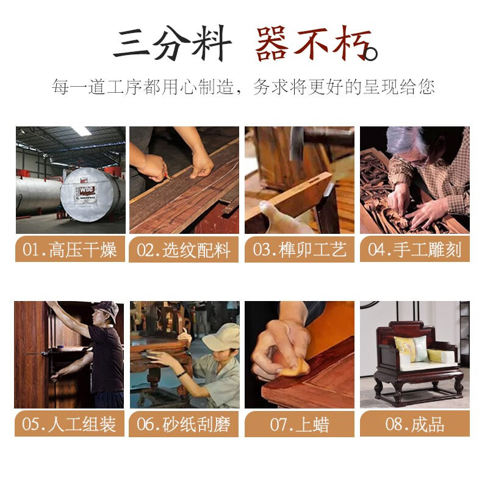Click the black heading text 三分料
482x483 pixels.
[x=173, y=43]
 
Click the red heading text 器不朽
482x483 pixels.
[x=316, y=43]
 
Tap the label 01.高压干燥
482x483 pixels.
[x=70, y=250]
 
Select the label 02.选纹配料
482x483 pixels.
[x=184, y=250]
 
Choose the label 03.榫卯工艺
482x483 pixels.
[x=300, y=250]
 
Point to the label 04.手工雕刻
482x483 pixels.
[x=415, y=250]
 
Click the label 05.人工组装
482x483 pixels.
[x=69, y=424]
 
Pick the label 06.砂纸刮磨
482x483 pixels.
[x=184, y=424]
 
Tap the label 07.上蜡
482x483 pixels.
[x=300, y=424]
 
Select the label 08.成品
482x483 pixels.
[x=415, y=424]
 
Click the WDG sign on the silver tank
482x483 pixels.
[x=87, y=190]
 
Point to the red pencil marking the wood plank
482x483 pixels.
[x=167, y=176]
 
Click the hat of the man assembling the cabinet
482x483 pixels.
[x=107, y=309]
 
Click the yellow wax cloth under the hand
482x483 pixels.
[x=295, y=368]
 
